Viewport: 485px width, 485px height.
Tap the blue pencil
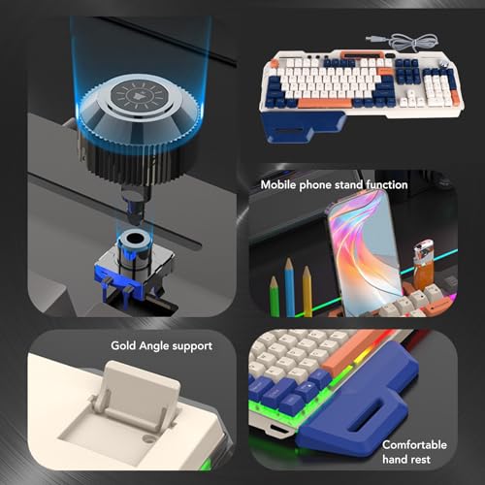point(289,287)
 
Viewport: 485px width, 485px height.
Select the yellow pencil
point(307,291)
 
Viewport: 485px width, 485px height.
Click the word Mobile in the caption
point(278,185)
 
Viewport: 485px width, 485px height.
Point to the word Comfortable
point(414,445)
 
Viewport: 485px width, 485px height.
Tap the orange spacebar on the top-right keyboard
point(324,104)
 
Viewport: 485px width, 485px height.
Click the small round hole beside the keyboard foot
point(149,439)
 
